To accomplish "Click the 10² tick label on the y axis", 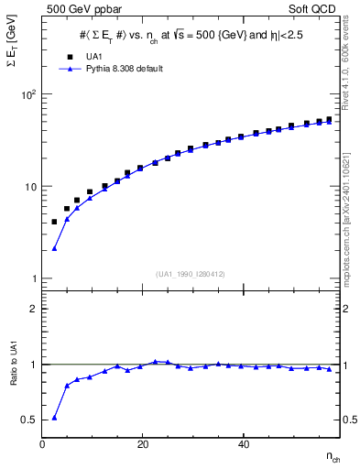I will (x=29, y=94).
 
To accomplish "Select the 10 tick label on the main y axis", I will (x=31, y=186).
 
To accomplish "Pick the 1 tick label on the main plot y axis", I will (x=33, y=278).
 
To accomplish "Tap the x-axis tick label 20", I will (x=142, y=445).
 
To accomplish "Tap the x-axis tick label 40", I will (x=243, y=445).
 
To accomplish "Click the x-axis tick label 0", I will (x=43, y=445).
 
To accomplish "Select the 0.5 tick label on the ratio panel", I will (x=30, y=420).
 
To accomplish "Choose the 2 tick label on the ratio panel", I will (x=34, y=309).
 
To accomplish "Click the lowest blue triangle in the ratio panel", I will (x=54, y=418).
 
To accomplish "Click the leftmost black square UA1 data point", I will (x=54, y=222).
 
